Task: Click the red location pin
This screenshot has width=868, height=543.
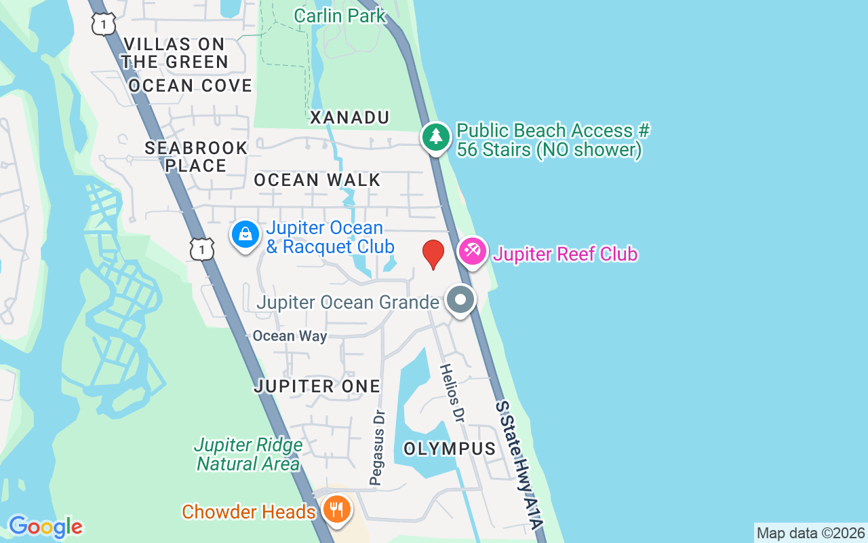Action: click(433, 255)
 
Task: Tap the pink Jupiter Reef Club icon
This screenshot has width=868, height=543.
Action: click(473, 252)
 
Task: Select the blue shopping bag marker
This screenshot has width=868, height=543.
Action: click(245, 235)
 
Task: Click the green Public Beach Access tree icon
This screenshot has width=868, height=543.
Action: click(436, 137)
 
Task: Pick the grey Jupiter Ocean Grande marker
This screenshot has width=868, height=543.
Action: click(460, 299)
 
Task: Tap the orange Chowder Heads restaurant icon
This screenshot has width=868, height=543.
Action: click(336, 508)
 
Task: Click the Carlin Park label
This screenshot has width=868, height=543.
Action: click(340, 15)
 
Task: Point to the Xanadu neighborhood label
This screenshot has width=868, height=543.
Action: click(350, 117)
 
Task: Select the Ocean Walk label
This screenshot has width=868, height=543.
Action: click(317, 180)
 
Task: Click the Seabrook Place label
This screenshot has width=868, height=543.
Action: click(196, 157)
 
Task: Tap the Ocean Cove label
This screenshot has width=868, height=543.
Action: click(190, 86)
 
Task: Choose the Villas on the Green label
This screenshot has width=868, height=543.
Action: click(175, 53)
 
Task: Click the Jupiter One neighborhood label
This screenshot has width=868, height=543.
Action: click(317, 386)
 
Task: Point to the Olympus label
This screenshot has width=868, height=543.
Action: click(450, 449)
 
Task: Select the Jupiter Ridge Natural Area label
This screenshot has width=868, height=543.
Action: click(248, 455)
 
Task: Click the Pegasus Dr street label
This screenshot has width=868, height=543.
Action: click(378, 447)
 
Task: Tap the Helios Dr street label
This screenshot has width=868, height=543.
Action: click(451, 394)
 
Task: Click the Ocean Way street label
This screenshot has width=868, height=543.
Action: click(290, 336)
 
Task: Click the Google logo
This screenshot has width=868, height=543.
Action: click(45, 527)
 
